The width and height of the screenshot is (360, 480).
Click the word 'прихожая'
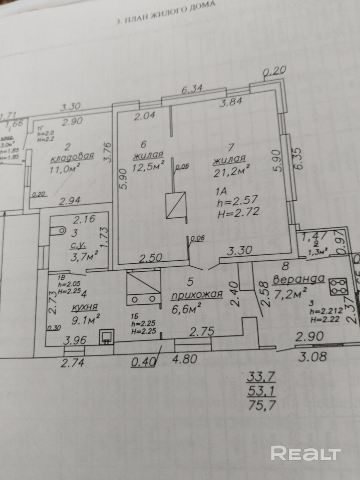coord(197,295)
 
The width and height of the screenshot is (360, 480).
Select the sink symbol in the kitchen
coord(107,337)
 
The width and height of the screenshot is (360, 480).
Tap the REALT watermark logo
coord(306,453)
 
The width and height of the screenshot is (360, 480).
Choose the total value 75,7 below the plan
coord(261,405)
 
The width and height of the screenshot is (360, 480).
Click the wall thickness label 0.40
coord(144,362)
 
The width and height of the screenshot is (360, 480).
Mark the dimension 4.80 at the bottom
coord(184,359)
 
